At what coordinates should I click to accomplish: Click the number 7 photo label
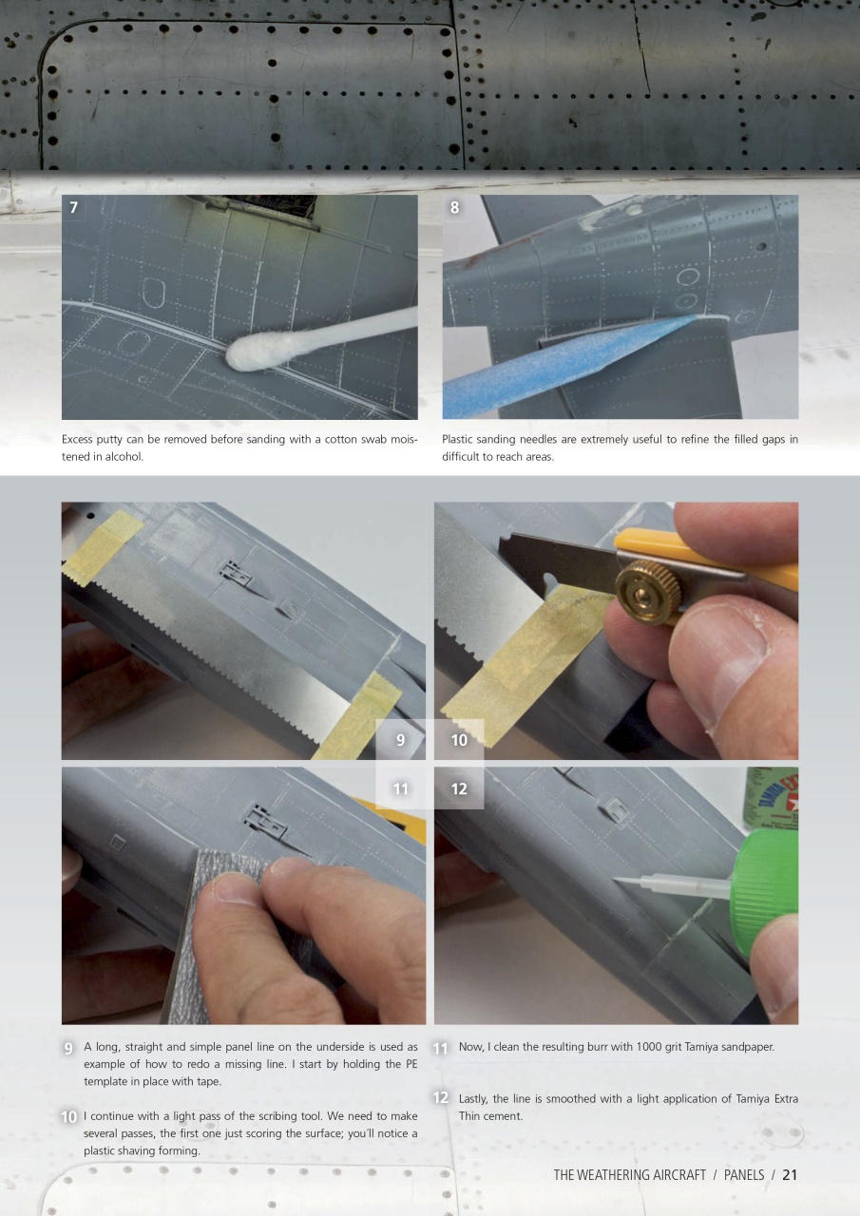click(x=74, y=208)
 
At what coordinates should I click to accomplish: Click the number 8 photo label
click(x=454, y=208)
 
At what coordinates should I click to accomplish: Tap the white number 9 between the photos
click(x=401, y=740)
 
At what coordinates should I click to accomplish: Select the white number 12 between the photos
click(x=459, y=788)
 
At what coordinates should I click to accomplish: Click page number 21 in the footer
click(x=789, y=1175)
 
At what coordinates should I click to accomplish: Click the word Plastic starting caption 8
click(x=460, y=440)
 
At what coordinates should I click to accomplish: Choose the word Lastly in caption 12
click(x=474, y=1099)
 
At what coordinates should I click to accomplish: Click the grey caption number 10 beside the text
click(x=68, y=1118)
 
